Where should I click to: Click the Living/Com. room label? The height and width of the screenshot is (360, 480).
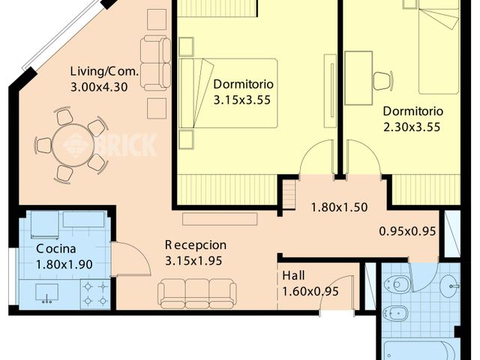click(x=104, y=72)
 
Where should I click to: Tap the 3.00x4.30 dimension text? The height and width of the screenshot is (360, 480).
click(x=99, y=87)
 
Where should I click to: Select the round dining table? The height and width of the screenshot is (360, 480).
click(x=73, y=145)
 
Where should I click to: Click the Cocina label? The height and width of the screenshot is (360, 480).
click(x=56, y=248)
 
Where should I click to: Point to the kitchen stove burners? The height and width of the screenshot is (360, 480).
click(x=95, y=294)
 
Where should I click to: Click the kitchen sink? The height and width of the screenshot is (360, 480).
click(x=46, y=293)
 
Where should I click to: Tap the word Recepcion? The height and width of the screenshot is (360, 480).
click(x=196, y=245)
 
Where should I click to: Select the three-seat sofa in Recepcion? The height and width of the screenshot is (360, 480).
click(x=197, y=293)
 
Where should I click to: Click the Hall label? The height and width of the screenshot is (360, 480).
click(x=293, y=275)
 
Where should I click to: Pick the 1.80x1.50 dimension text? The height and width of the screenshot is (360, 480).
click(x=339, y=207)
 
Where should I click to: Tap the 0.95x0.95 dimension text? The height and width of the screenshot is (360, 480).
click(x=407, y=231)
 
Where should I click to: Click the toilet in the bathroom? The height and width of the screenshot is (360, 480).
click(x=396, y=285)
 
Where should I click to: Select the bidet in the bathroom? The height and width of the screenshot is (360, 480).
click(x=396, y=313)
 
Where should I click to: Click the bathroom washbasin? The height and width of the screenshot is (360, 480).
click(x=450, y=286)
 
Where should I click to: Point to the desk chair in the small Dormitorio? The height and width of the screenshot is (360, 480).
click(x=383, y=81)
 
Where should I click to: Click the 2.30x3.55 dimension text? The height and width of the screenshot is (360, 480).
click(x=412, y=127)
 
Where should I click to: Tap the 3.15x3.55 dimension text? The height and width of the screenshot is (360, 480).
click(x=241, y=100)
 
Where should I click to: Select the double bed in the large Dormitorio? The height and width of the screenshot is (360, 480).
click(x=228, y=93)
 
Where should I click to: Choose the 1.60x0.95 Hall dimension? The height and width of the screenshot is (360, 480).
click(x=310, y=292)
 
